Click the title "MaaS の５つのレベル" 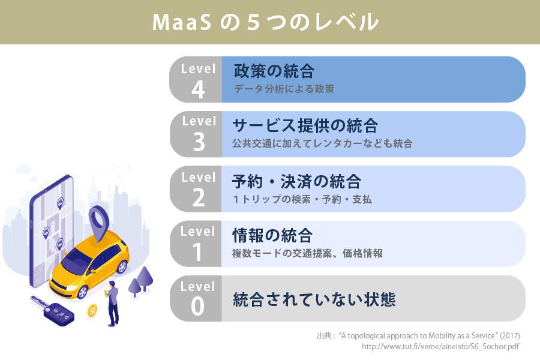click(x=265, y=22)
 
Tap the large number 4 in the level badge click(x=198, y=89)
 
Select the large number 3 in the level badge click(x=199, y=142)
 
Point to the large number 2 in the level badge click(x=199, y=198)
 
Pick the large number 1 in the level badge click(x=197, y=252)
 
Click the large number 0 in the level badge click(x=197, y=306)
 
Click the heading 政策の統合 click(x=274, y=71)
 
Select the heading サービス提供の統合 click(x=305, y=125)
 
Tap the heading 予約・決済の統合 click(x=296, y=182)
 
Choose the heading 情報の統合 click(x=272, y=236)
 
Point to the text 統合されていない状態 click(x=314, y=299)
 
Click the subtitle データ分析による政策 click(x=284, y=89)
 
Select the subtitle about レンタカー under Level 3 click(x=322, y=143)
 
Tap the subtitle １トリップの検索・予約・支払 click(x=302, y=199)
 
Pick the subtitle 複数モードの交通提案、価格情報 click(x=307, y=253)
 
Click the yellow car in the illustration click(x=89, y=263)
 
